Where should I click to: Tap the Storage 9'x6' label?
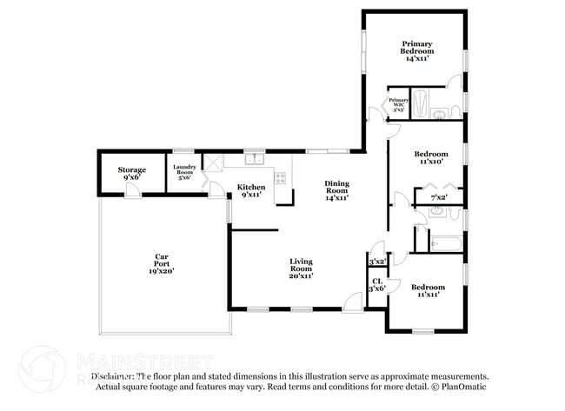132,173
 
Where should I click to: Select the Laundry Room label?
183,170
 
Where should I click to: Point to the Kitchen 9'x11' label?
251,190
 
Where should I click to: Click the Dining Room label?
336,190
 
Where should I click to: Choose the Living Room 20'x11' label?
301,268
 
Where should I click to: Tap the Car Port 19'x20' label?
161,263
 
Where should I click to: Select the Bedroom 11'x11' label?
428,290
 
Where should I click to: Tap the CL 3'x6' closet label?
377,285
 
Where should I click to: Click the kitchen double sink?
255,159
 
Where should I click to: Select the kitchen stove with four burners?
280,177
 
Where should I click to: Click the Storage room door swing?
130,189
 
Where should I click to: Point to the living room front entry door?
352,302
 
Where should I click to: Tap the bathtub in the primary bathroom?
419,104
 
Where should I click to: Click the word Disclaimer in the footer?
112,375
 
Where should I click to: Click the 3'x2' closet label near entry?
376,262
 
